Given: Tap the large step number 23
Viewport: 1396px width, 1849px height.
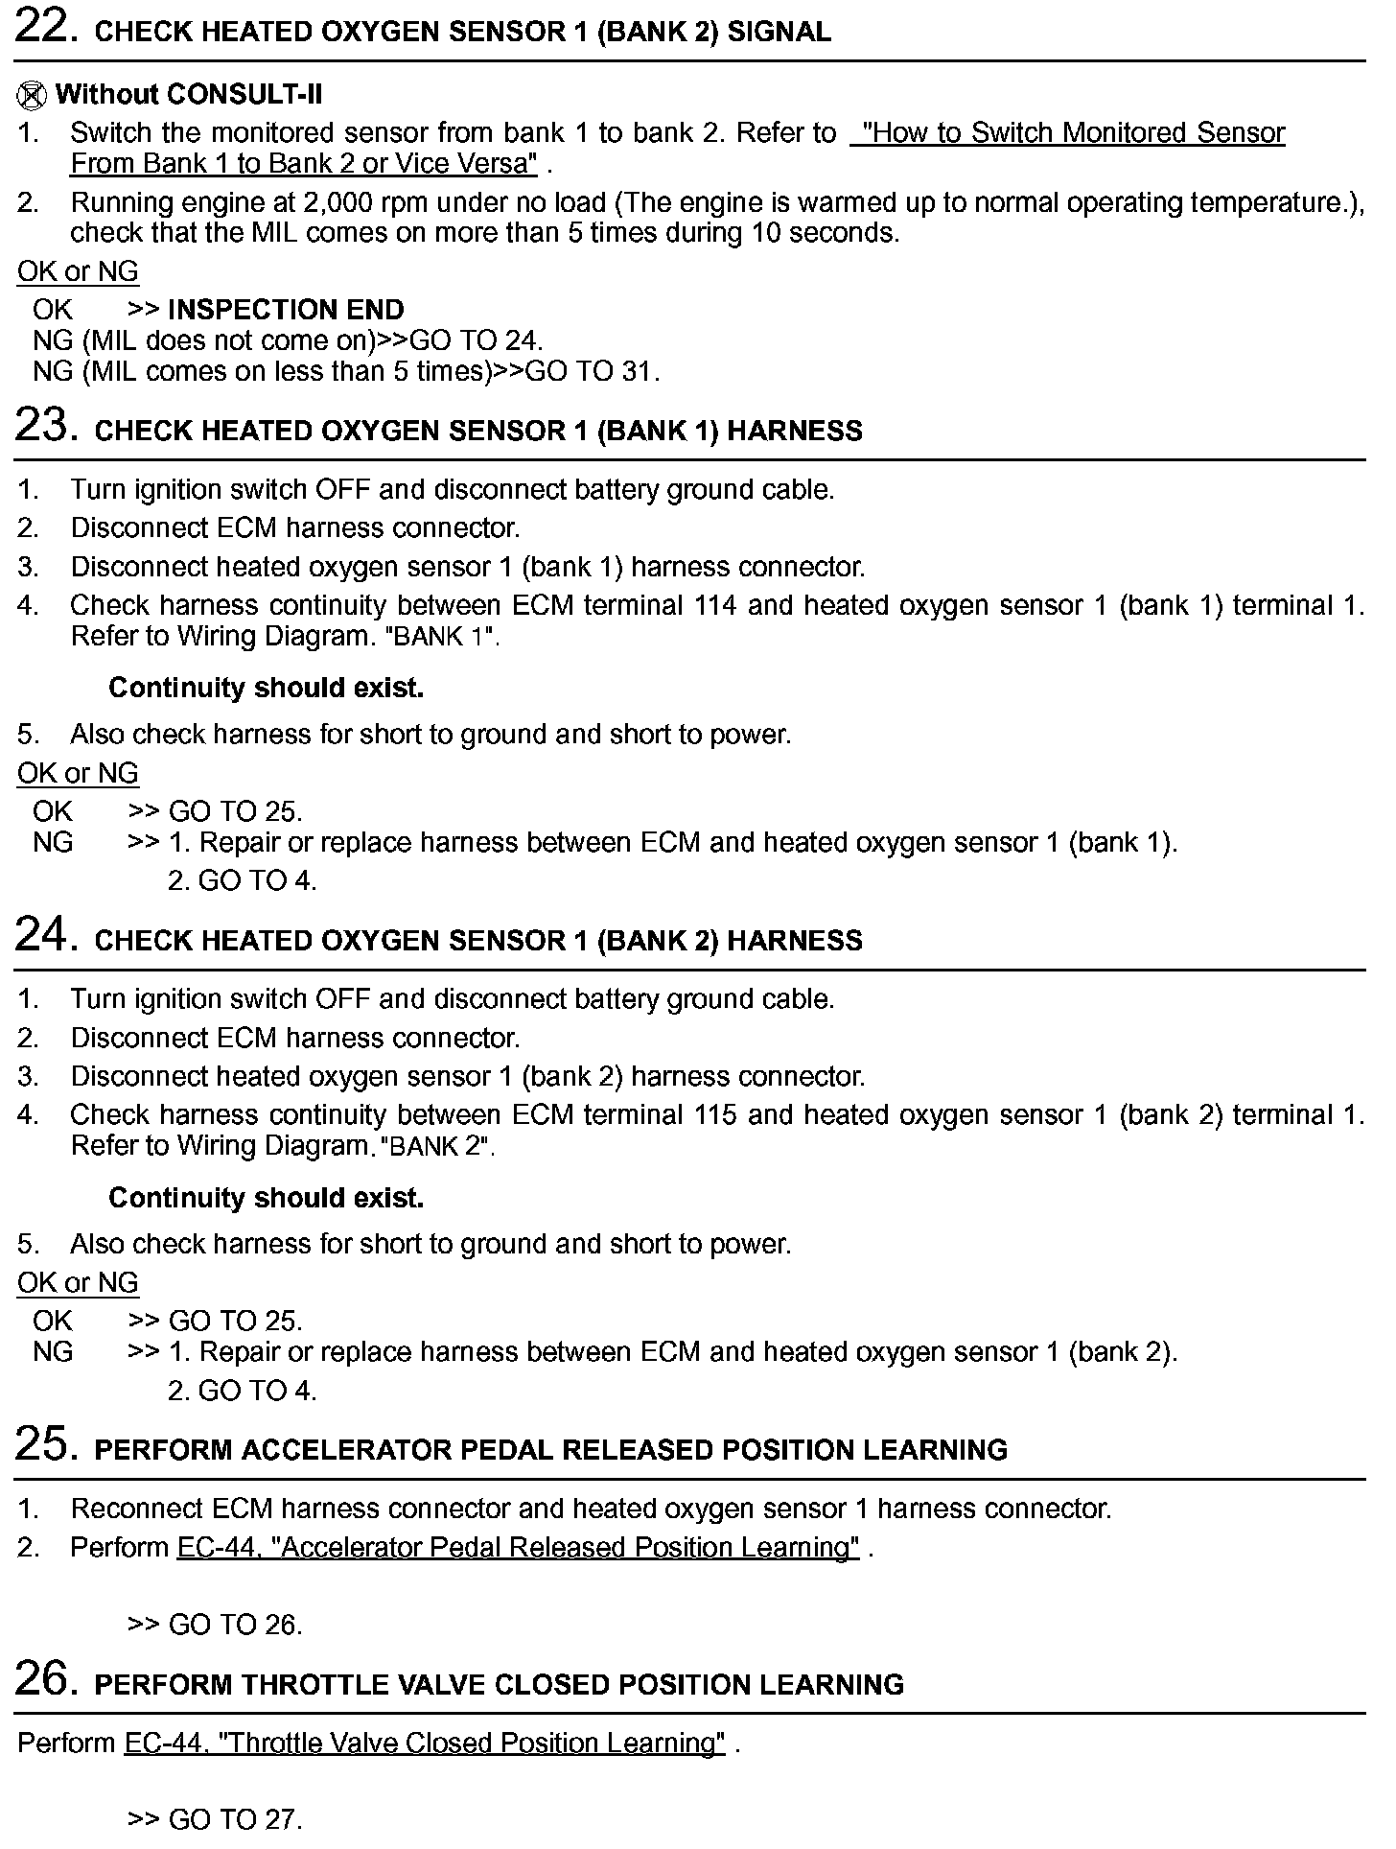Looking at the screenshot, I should (45, 426).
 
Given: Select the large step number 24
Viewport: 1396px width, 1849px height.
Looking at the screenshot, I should (45, 935).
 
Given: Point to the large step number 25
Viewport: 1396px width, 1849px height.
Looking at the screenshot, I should (45, 1444).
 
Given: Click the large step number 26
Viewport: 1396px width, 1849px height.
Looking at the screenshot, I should (45, 1679).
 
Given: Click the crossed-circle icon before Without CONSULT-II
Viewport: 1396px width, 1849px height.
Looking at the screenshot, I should (32, 95).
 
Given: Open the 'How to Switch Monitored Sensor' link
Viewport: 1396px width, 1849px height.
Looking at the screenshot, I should (1068, 133).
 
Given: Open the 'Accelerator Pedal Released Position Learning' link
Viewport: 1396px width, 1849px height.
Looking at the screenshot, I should (518, 1548).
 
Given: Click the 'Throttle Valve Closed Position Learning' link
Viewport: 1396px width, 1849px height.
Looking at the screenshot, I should (424, 1743).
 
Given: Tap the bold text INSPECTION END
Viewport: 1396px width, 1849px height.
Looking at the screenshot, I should (286, 310).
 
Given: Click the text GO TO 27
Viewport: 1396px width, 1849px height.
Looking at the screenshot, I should (235, 1819).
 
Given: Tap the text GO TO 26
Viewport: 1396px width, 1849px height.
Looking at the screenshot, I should (235, 1625).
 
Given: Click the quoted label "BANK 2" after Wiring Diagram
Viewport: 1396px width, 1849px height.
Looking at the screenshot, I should (437, 1147).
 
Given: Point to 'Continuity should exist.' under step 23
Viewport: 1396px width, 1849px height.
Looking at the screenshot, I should (266, 688).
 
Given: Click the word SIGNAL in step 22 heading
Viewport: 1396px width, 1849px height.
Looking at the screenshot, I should (779, 32).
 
